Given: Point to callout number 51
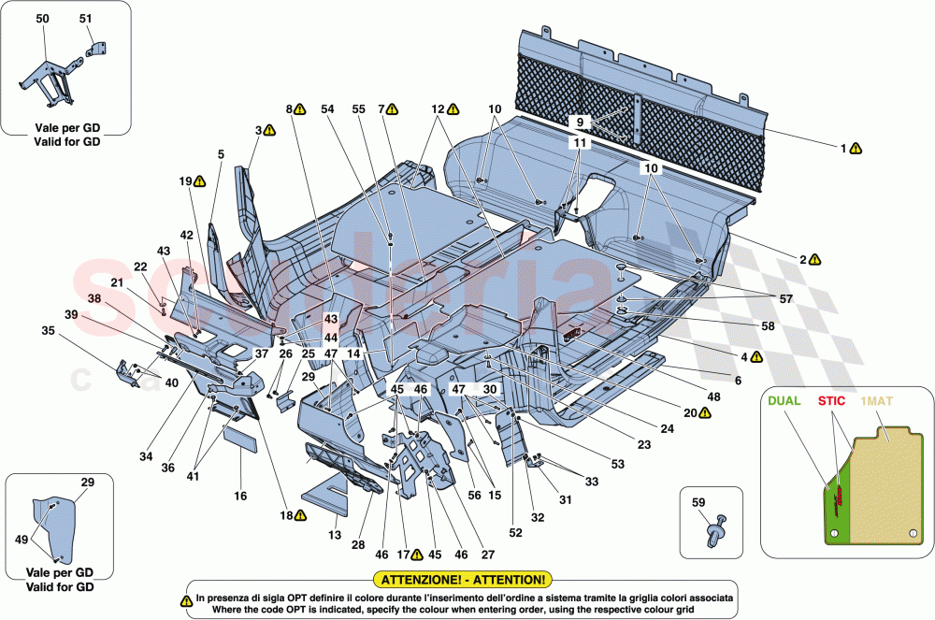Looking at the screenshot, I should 86,19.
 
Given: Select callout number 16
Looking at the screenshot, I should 240,496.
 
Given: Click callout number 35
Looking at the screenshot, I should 48,330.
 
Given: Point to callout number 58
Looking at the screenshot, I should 742,327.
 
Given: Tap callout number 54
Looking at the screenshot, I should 327,109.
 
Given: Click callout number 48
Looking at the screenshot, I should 713,397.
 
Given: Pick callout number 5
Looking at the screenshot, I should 221,153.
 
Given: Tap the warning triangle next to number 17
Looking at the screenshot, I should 418,554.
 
